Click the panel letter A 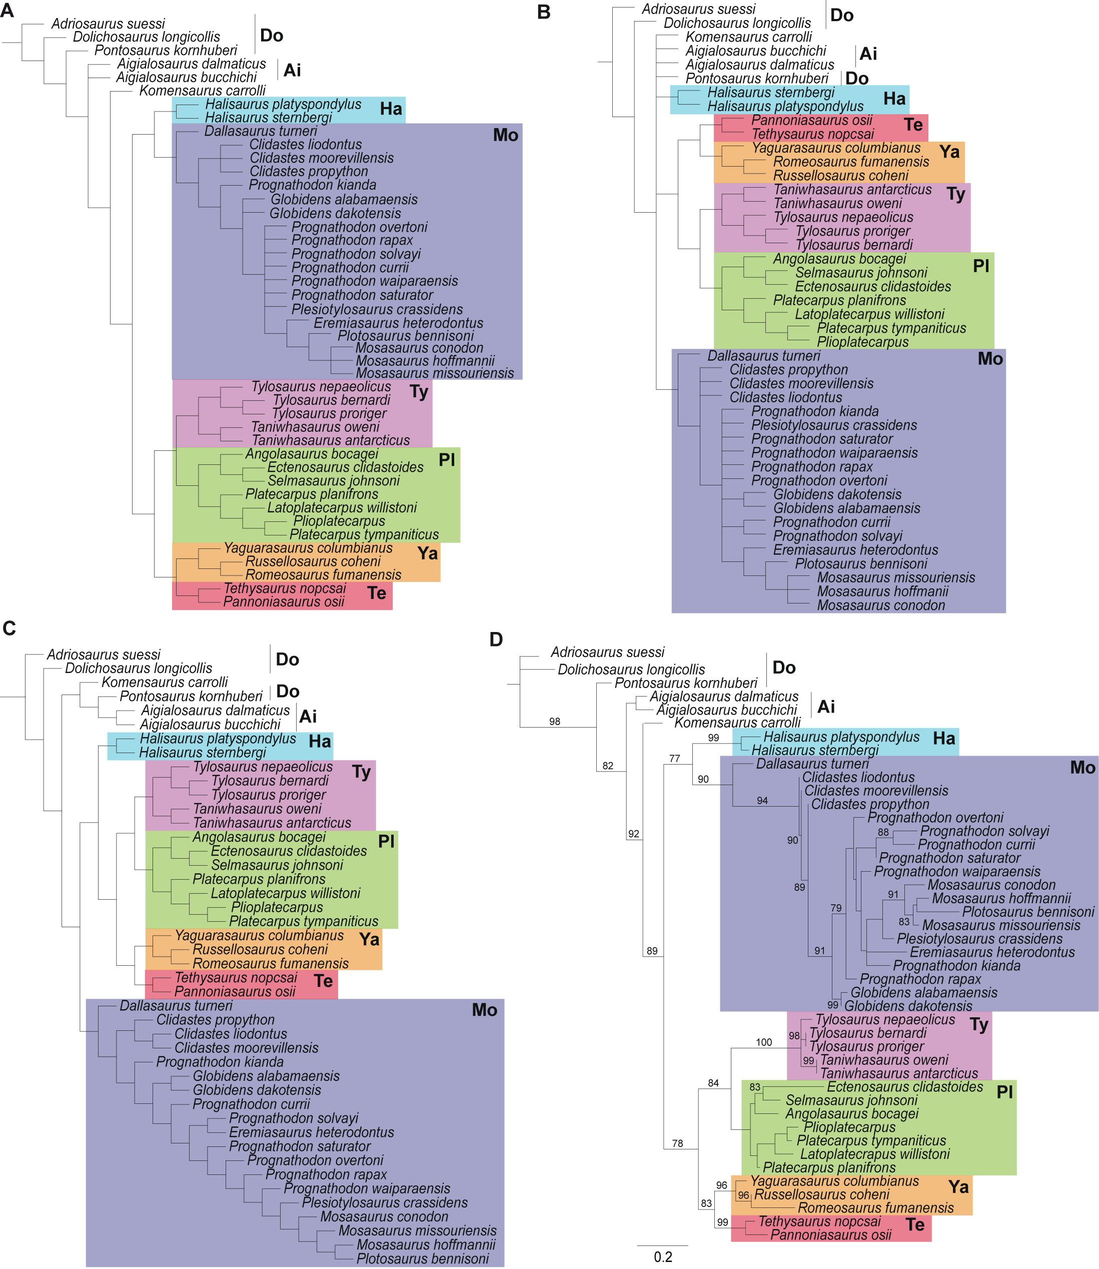pyautogui.click(x=8, y=11)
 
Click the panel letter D pyautogui.click(x=496, y=639)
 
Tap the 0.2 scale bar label pyautogui.click(x=663, y=1256)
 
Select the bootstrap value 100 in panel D pyautogui.click(x=763, y=1042)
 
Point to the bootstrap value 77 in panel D pyautogui.click(x=675, y=758)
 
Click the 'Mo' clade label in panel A pyautogui.click(x=505, y=135)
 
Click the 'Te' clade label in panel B pyautogui.click(x=913, y=125)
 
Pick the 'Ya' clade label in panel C pyautogui.click(x=369, y=939)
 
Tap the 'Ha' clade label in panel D pyautogui.click(x=944, y=739)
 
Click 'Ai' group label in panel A pyautogui.click(x=292, y=70)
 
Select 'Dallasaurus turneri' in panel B pyautogui.click(x=763, y=356)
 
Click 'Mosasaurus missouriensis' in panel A pyautogui.click(x=435, y=373)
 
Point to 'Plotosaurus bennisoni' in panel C pyautogui.click(x=423, y=1258)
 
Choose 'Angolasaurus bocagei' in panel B pyautogui.click(x=839, y=259)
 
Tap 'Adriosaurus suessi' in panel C pyautogui.click(x=104, y=655)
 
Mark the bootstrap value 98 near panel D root pyautogui.click(x=554, y=721)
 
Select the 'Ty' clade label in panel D pyautogui.click(x=979, y=1025)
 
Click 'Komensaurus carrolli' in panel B pyautogui.click(x=748, y=37)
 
